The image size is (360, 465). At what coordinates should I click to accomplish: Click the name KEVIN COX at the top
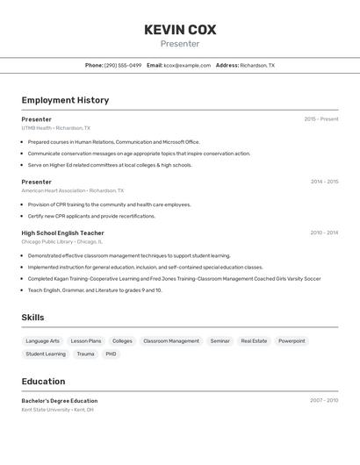pyautogui.click(x=180, y=30)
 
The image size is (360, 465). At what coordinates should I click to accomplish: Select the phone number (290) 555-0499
pyautogui.click(x=123, y=65)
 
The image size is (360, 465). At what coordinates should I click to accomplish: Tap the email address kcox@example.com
pyautogui.click(x=187, y=65)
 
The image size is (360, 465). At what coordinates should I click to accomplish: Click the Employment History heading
pyautogui.click(x=65, y=100)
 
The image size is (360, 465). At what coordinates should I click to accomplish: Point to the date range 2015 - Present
pyautogui.click(x=321, y=119)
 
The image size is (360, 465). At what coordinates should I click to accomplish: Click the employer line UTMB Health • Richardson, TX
pyautogui.click(x=56, y=128)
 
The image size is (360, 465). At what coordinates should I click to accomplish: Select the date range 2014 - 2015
pyautogui.click(x=324, y=182)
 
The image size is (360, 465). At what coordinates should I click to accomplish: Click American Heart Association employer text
pyautogui.click(x=54, y=190)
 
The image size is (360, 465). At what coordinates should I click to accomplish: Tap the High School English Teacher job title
pyautogui.click(x=62, y=233)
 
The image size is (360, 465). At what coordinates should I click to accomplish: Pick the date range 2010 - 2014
pyautogui.click(x=324, y=233)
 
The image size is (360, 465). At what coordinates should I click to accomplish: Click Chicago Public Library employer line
pyautogui.click(x=47, y=242)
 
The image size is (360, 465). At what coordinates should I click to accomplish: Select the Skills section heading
pyautogui.click(x=32, y=318)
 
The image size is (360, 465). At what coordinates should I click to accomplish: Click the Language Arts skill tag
pyautogui.click(x=43, y=340)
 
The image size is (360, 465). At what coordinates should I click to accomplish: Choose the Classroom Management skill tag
pyautogui.click(x=171, y=340)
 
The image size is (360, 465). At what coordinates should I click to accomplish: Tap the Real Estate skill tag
pyautogui.click(x=254, y=340)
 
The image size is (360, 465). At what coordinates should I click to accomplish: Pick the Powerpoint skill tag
pyautogui.click(x=292, y=340)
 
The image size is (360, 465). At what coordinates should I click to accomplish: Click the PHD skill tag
pyautogui.click(x=111, y=354)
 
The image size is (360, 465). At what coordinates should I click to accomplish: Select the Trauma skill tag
pyautogui.click(x=85, y=354)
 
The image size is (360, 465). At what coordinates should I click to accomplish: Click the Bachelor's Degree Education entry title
pyautogui.click(x=60, y=401)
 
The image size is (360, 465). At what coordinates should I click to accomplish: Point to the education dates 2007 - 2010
pyautogui.click(x=324, y=401)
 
